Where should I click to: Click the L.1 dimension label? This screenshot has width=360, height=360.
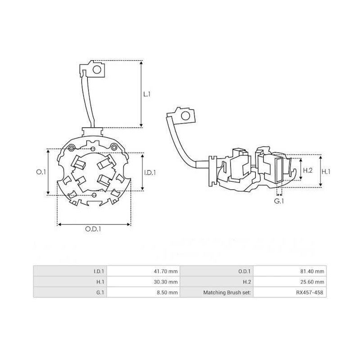tap(147, 94)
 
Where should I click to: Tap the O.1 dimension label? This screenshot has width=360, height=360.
tap(40, 172)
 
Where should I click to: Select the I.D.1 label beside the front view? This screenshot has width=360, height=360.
tap(150, 172)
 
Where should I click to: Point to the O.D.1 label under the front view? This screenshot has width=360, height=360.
tap(93, 229)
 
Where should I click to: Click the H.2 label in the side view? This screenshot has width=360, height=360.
tap(308, 171)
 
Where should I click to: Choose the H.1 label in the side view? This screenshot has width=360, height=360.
tap(327, 171)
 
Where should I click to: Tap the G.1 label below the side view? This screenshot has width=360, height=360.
tap(279, 201)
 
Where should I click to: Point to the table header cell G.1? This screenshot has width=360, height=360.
tap(99, 292)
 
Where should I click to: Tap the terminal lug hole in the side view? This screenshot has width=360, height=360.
tap(185, 117)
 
